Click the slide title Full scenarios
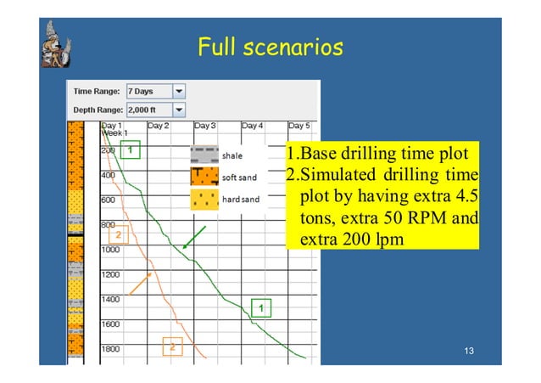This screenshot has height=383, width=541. click(x=270, y=46)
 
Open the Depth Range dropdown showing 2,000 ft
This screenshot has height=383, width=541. click(x=179, y=110)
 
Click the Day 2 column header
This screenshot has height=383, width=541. click(x=159, y=126)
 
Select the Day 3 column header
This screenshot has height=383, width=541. click(x=205, y=126)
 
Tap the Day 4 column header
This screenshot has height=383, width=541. click(x=253, y=126)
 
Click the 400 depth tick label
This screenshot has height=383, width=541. click(x=109, y=175)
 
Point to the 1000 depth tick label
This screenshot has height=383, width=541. click(x=110, y=251)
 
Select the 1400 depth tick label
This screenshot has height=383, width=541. click(x=110, y=300)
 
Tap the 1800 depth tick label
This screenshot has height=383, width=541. click(x=110, y=349)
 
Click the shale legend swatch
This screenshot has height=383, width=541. click(x=204, y=156)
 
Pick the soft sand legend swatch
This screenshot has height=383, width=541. click(x=204, y=177)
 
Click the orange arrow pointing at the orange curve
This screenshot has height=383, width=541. click(x=141, y=283)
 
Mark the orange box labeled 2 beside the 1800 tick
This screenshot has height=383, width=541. click(x=173, y=346)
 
